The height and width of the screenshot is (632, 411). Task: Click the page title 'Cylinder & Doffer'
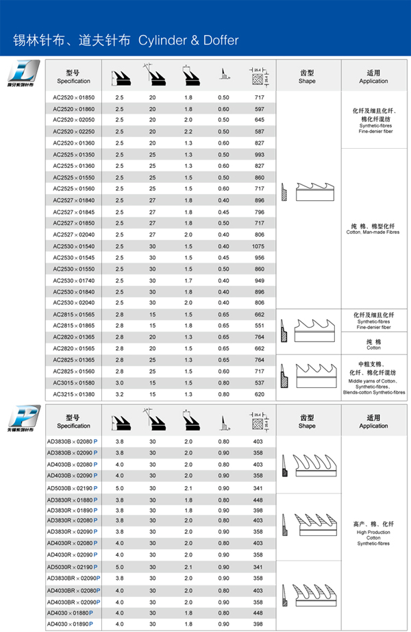click(x=188, y=40)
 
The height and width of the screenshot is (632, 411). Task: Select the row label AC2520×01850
click(x=73, y=98)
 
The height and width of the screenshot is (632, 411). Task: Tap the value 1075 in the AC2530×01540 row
click(x=258, y=246)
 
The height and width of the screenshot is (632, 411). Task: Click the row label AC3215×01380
click(x=73, y=394)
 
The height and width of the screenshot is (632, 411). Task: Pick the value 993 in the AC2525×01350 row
click(x=258, y=155)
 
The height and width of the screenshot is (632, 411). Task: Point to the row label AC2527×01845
click(x=73, y=212)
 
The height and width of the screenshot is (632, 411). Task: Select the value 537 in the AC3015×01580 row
click(x=258, y=382)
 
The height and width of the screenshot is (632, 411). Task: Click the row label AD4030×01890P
click(x=70, y=624)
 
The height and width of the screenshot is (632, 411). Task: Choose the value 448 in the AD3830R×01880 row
click(x=258, y=500)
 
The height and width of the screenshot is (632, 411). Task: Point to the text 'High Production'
click(x=373, y=531)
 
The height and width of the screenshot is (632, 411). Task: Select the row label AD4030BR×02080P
click(x=73, y=590)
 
